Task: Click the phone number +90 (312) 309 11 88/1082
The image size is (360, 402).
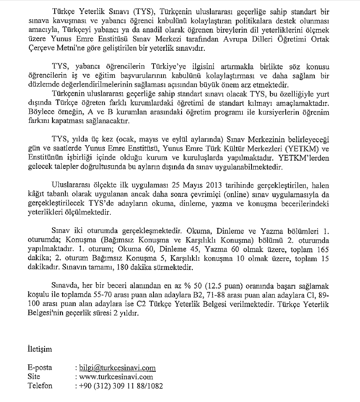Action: tap(121, 386)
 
